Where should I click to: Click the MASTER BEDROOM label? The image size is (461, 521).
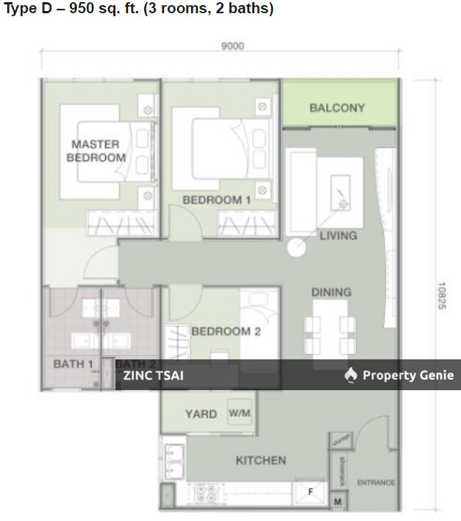click(x=96, y=151)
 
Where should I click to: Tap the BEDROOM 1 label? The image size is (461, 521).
click(x=217, y=200)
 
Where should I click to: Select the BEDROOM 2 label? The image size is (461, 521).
click(x=226, y=331)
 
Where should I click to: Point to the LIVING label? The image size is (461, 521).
click(x=337, y=236)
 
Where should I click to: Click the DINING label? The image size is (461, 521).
click(x=331, y=292)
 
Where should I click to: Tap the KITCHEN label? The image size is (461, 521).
click(x=260, y=461)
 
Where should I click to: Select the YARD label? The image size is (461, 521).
click(x=201, y=414)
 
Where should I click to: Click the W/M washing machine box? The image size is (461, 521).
click(x=240, y=414)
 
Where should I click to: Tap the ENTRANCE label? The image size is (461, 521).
click(x=376, y=483)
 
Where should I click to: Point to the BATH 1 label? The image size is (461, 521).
click(x=73, y=364)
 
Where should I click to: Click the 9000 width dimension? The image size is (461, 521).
click(x=232, y=46)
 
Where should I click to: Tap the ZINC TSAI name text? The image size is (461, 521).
click(x=154, y=376)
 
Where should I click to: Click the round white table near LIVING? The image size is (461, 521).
click(x=296, y=248)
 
